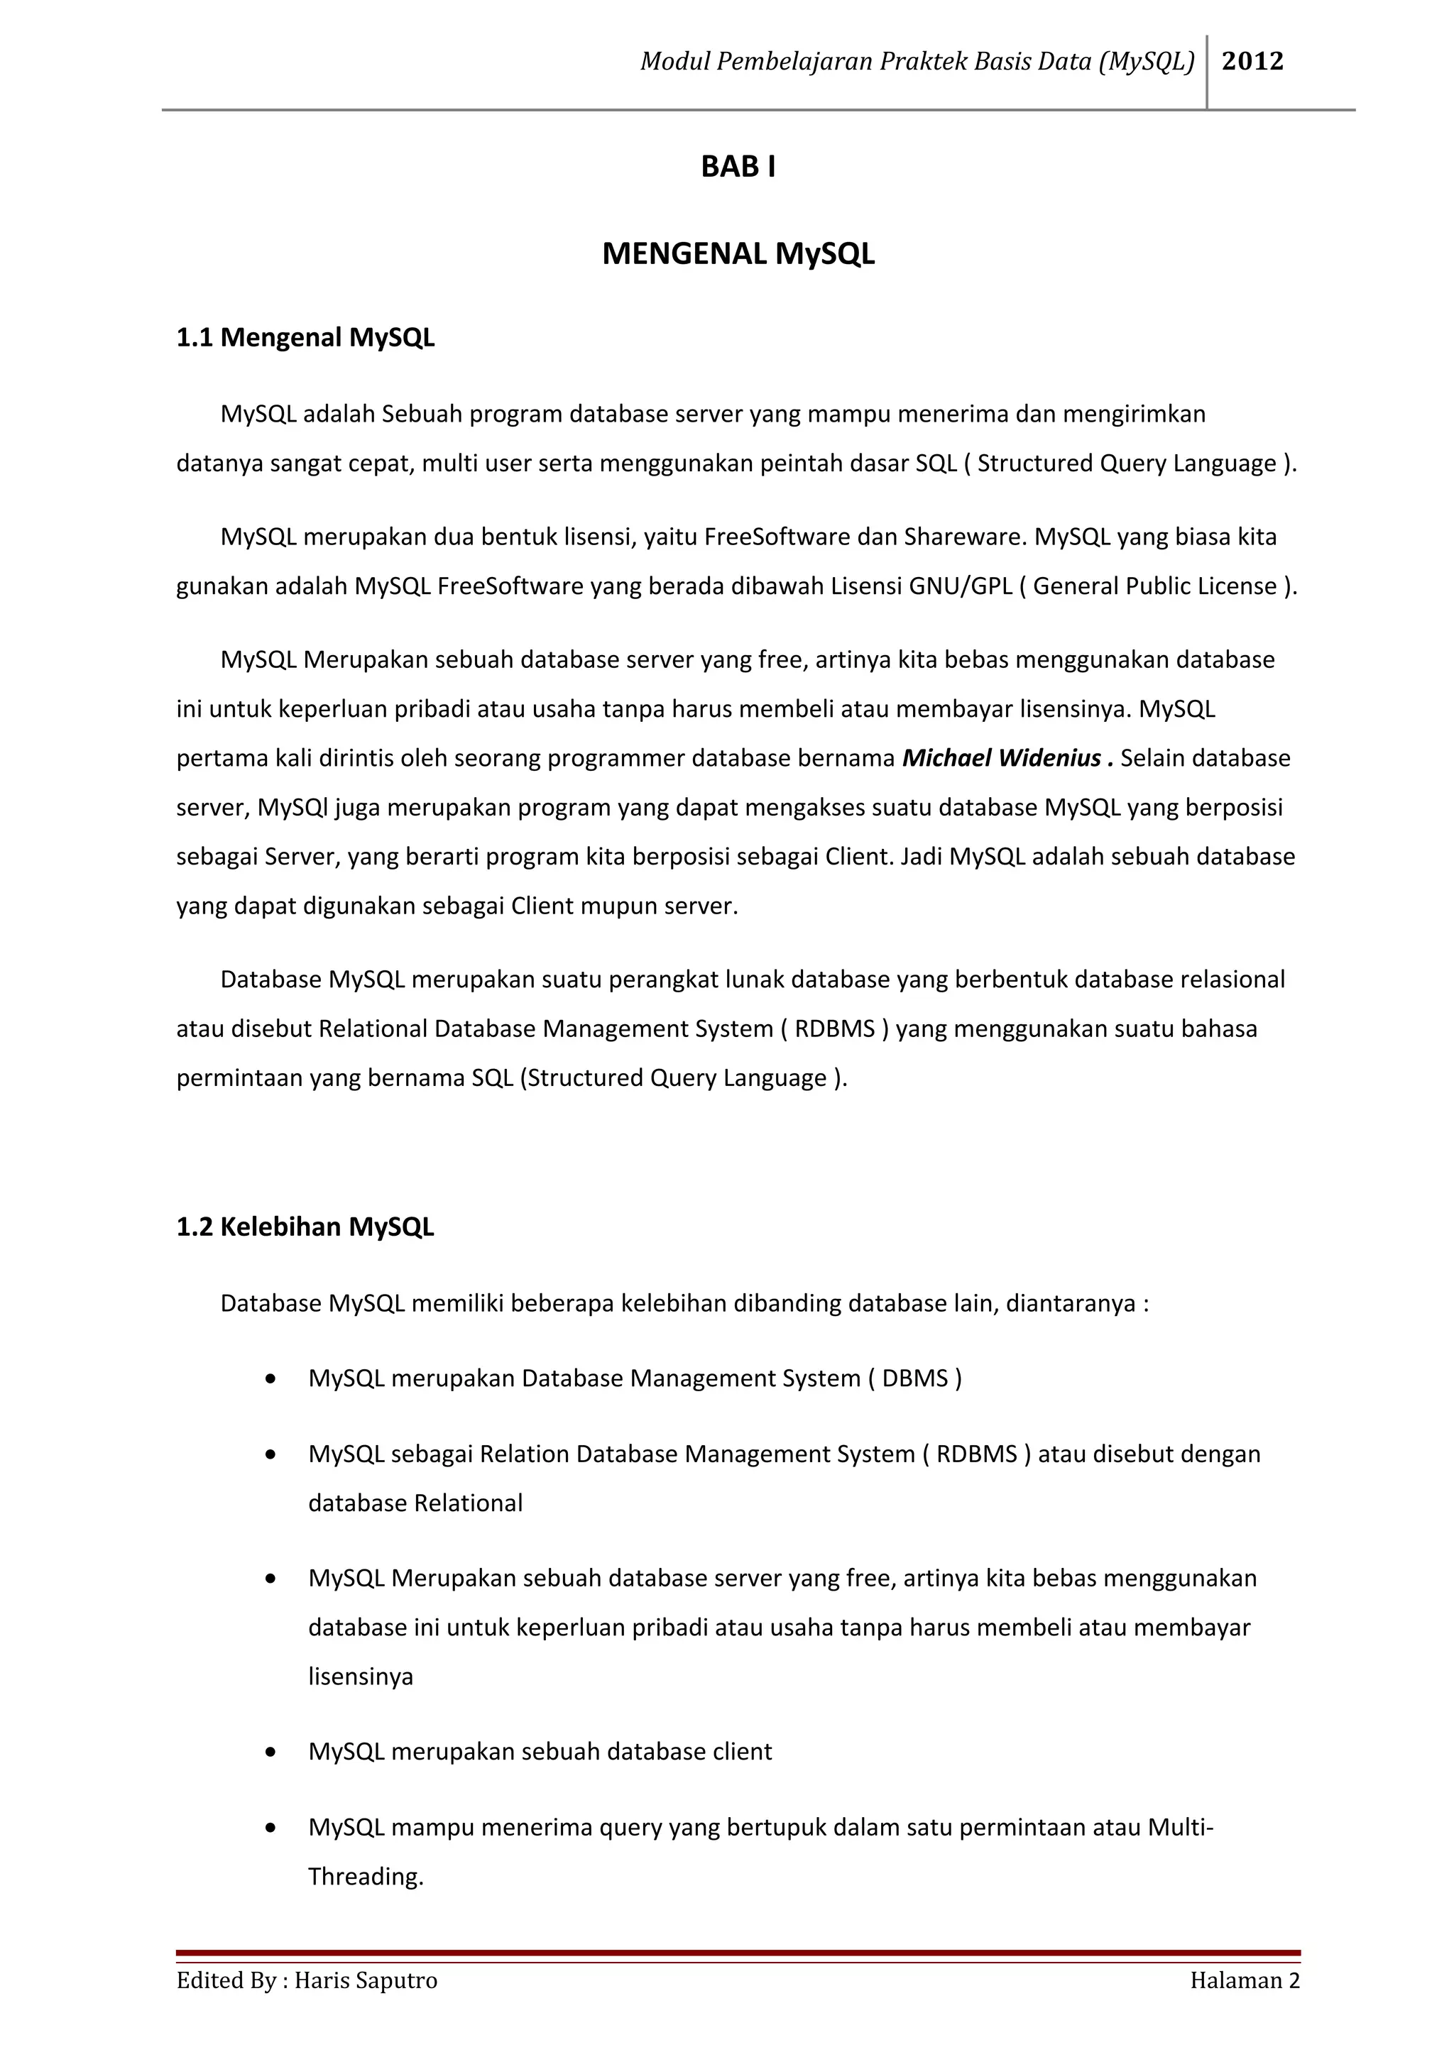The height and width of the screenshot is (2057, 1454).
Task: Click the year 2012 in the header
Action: pyautogui.click(x=1252, y=61)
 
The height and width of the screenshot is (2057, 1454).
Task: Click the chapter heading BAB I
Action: pyautogui.click(x=738, y=167)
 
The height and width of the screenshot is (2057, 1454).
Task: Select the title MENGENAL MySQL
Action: pyautogui.click(x=738, y=253)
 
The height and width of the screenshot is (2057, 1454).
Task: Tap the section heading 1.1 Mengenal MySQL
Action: pyautogui.click(x=305, y=338)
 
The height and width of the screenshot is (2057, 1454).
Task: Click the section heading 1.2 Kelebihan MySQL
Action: pyautogui.click(x=305, y=1227)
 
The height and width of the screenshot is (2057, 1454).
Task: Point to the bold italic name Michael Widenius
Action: pyautogui.click(x=1002, y=758)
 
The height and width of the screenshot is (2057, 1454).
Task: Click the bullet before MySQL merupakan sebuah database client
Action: pyautogui.click(x=270, y=1752)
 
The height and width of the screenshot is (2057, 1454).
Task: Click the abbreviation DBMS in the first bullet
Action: pyautogui.click(x=914, y=1378)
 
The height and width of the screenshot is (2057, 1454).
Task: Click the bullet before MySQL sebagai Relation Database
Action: pyautogui.click(x=270, y=1455)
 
